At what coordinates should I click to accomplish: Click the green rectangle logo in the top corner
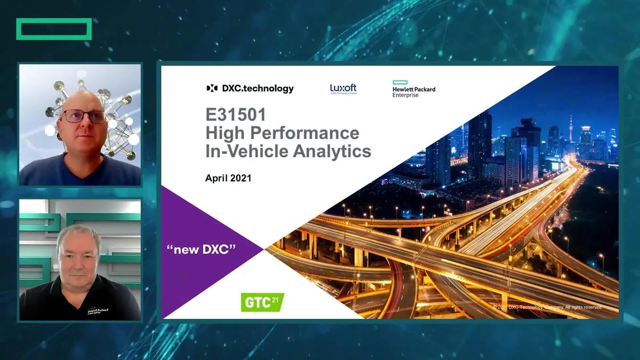point(54,29)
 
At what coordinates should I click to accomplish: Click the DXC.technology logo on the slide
point(250,89)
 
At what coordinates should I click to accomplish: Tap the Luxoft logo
point(343,89)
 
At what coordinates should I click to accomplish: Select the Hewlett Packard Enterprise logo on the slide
point(413,89)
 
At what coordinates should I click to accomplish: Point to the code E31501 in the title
point(237,114)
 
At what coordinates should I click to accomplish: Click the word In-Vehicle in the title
point(243,151)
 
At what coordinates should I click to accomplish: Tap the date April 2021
point(228,178)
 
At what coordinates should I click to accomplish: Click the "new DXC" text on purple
point(201,250)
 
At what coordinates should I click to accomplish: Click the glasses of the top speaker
point(84,116)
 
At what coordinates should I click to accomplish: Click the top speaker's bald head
point(83,99)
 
